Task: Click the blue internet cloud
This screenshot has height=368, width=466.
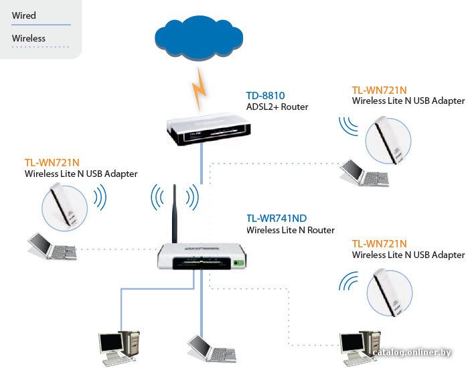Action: point(199,37)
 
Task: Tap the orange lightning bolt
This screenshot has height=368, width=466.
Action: point(199,88)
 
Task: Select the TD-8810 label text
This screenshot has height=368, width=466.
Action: point(265,95)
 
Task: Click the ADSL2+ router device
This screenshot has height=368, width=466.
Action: point(209,129)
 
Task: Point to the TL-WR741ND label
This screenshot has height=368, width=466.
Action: point(277,219)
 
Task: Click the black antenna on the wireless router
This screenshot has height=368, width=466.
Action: point(175,214)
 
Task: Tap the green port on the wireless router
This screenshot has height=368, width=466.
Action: point(238,263)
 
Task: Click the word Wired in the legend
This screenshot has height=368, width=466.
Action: point(24,15)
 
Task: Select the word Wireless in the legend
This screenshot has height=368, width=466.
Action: point(29,38)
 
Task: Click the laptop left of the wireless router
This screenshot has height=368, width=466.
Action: point(52,246)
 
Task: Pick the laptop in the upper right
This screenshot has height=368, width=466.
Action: point(364,173)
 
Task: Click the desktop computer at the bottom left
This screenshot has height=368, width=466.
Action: point(119,348)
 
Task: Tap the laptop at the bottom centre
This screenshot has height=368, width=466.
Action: point(212,349)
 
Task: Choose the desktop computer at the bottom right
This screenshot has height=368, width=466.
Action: point(360,348)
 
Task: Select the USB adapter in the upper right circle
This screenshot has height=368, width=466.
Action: point(388,140)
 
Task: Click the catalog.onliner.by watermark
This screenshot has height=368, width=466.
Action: point(412,353)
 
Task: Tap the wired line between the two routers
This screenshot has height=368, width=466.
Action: point(202,164)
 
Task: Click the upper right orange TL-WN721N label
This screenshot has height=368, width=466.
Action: point(379,90)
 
